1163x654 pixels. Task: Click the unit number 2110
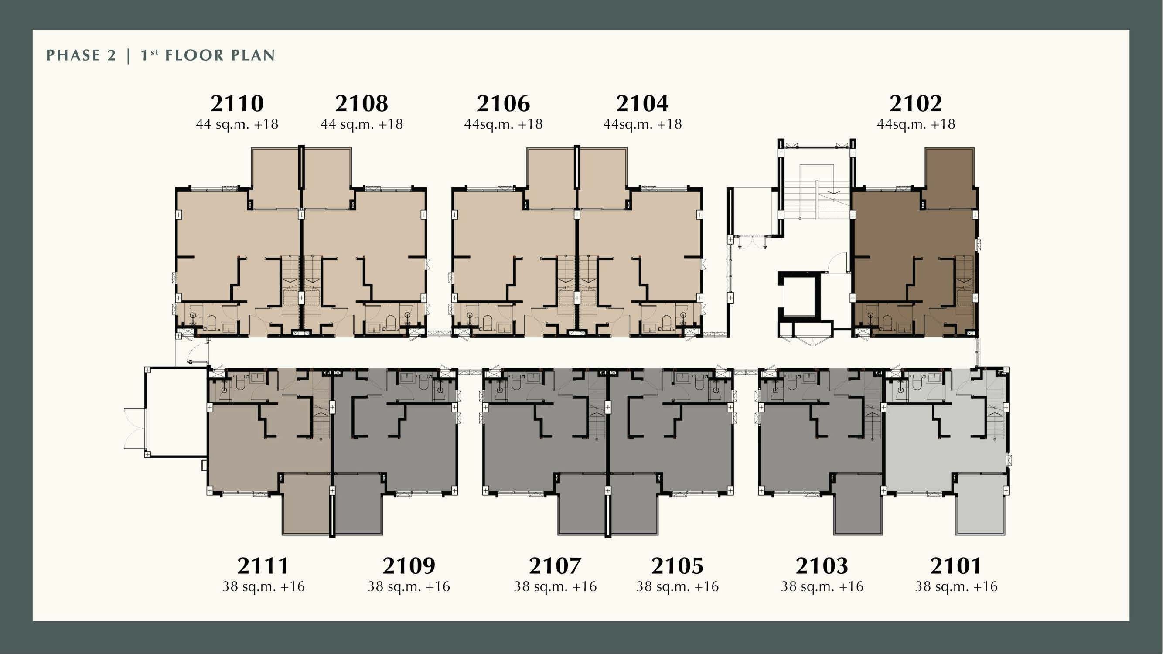[x=237, y=104]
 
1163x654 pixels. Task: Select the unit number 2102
[x=916, y=104]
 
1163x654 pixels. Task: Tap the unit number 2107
[x=555, y=565]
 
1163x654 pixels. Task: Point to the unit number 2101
[x=956, y=565]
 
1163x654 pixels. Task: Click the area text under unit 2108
[x=362, y=124]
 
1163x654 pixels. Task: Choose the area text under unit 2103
[x=822, y=586]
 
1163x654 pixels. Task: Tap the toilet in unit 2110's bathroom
[x=212, y=323]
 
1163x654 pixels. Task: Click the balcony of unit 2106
[x=551, y=178]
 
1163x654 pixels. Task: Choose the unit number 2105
[x=677, y=565]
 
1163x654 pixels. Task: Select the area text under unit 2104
[x=642, y=124]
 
